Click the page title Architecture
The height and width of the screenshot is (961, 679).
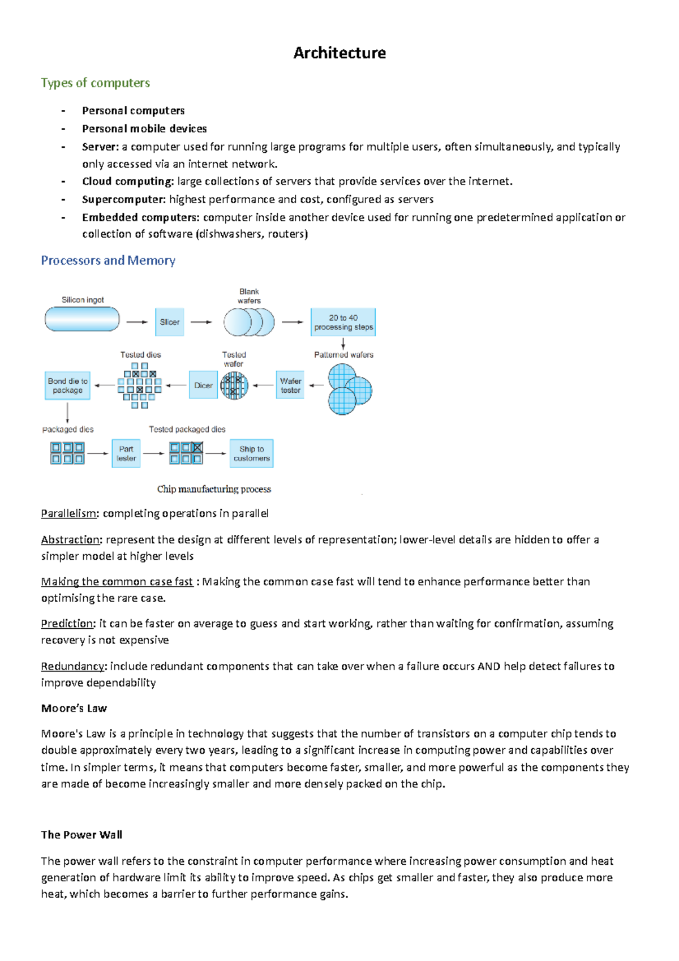click(339, 53)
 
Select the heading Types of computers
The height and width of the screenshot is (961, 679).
click(95, 83)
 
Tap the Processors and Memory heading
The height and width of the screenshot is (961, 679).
click(108, 260)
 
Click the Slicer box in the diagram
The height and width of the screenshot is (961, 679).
click(170, 322)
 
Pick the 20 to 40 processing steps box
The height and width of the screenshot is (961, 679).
click(343, 322)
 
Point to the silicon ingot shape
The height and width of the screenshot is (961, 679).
click(83, 319)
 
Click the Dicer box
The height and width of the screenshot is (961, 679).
click(203, 385)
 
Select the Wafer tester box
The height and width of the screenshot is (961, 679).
click(290, 385)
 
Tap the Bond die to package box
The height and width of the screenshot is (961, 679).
click(68, 385)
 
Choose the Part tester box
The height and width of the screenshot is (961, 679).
click(126, 453)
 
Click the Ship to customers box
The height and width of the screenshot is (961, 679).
click(252, 453)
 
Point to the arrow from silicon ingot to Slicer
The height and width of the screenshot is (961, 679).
click(136, 322)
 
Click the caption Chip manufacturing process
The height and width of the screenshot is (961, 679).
click(214, 489)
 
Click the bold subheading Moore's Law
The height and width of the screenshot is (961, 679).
click(74, 709)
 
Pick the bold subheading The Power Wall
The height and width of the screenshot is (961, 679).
click(81, 835)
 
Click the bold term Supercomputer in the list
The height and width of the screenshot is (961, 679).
click(124, 199)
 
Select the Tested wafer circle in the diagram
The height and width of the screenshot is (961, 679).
click(234, 386)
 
